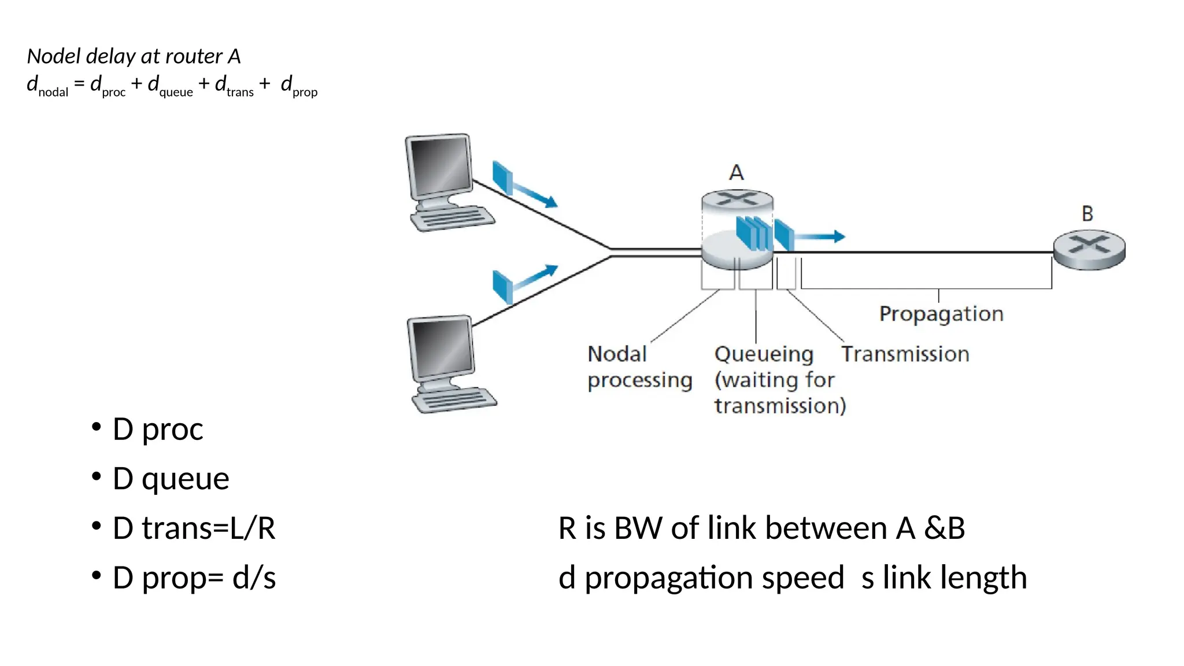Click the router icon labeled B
1089,250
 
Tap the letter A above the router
736,172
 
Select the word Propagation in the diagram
941,314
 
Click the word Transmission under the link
905,354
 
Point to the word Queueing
763,354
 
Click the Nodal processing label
639,367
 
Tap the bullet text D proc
158,429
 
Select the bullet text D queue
171,479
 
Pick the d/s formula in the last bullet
254,578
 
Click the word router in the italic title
194,56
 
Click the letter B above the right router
1087,213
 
